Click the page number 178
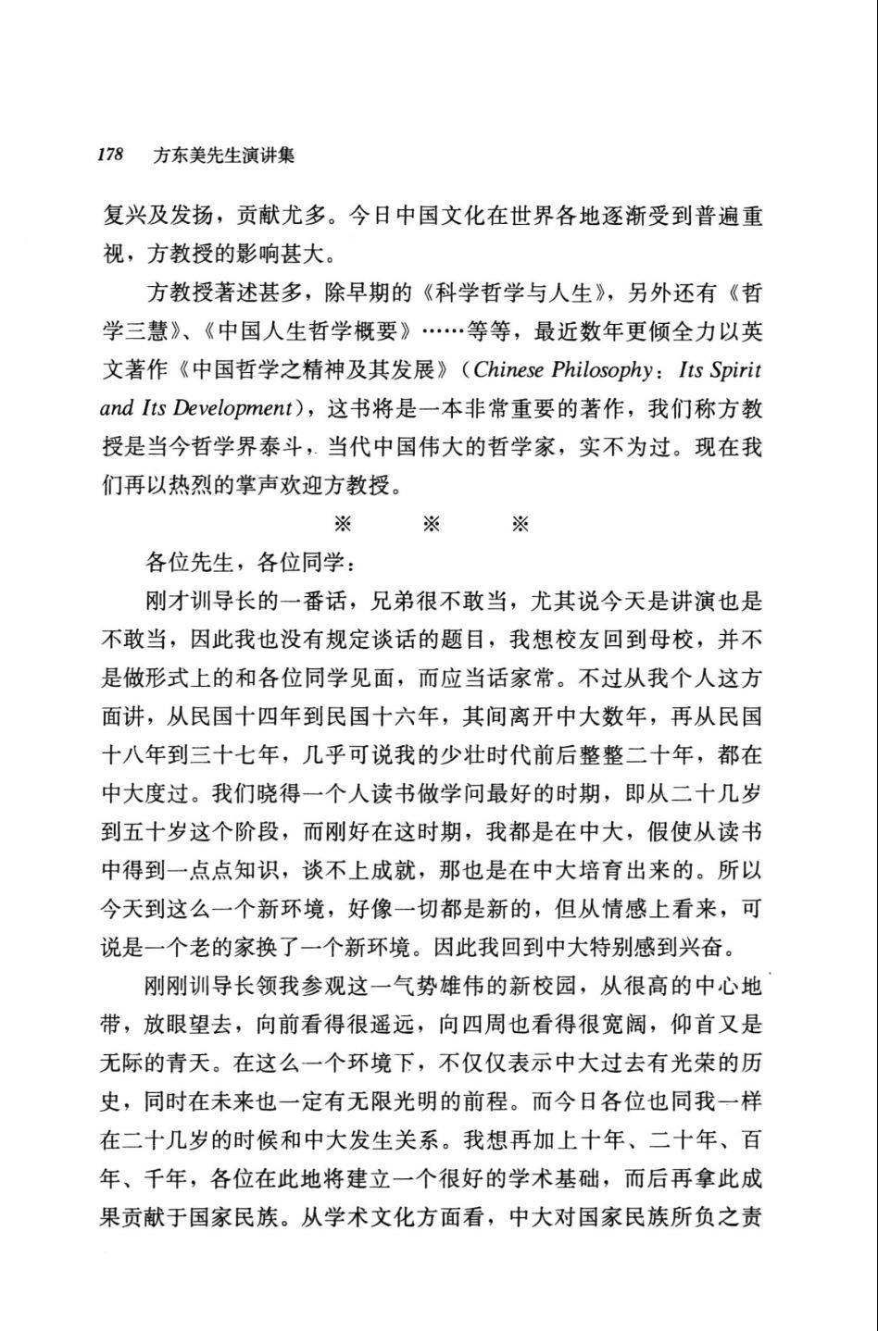pyautogui.click(x=111, y=155)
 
